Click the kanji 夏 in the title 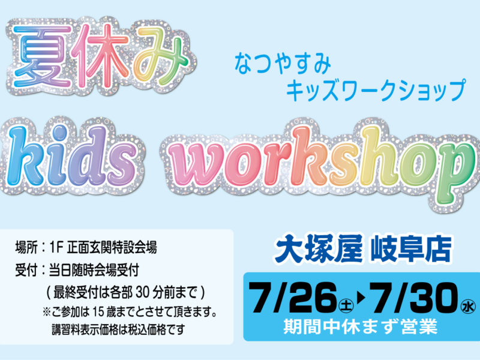(42, 56)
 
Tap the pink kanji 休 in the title (103, 56)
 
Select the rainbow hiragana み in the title (160, 56)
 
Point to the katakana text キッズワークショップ (376, 90)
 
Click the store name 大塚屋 (319, 248)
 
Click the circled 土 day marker (346, 305)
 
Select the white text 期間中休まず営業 (361, 326)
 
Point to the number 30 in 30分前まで (142, 293)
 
